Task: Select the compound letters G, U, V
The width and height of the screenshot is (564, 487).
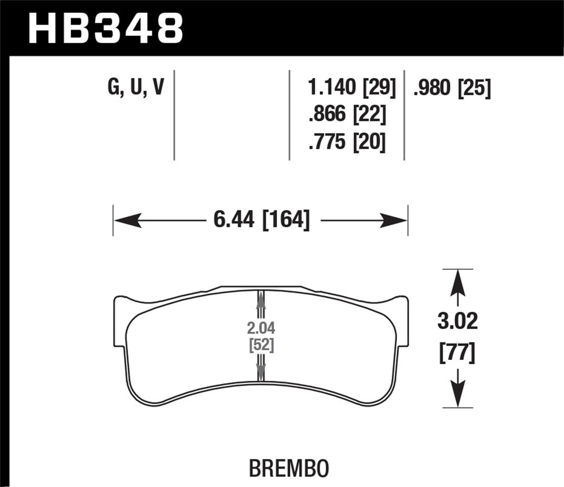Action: (136, 87)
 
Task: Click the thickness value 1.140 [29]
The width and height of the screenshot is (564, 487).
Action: (352, 87)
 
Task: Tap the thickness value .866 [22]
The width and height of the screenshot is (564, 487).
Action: (347, 114)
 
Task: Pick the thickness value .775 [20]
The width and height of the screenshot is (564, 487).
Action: (347, 141)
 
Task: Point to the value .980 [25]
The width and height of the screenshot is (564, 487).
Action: (452, 88)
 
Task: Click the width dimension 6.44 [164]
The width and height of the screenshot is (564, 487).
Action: (261, 220)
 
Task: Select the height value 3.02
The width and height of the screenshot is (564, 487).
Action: (457, 321)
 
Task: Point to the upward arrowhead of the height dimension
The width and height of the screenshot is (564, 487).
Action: (458, 281)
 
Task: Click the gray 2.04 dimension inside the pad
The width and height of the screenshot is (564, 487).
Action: (261, 329)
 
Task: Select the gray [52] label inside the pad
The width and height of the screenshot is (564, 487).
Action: (261, 345)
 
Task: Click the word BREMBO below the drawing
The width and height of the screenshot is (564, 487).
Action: (289, 469)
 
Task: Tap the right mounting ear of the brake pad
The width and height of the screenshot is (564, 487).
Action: (402, 320)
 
